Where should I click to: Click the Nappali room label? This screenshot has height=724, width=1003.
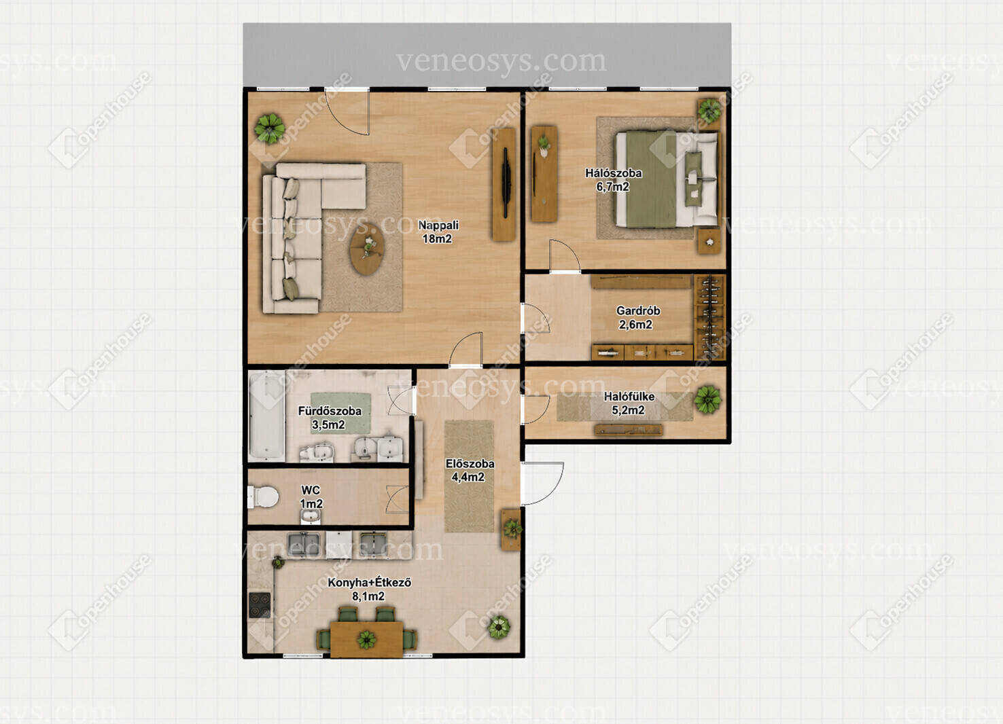tap(438, 232)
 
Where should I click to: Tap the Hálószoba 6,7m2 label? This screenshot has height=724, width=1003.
tap(613, 179)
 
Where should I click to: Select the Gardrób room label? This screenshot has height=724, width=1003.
tap(637, 317)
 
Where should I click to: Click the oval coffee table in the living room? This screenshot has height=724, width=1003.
tap(367, 249)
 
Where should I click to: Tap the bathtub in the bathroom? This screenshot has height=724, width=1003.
tap(267, 416)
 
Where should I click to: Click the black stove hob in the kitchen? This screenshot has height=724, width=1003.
tap(260, 605)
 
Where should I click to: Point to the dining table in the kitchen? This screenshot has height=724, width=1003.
tap(367, 639)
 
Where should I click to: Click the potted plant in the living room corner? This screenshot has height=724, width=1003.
tap(270, 129)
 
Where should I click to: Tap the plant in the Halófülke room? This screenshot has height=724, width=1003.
tap(707, 399)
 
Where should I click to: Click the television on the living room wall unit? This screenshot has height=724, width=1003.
tap(506, 183)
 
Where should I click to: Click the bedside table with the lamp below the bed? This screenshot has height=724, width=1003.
tap(709, 242)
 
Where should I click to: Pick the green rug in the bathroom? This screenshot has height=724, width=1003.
tap(340, 414)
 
